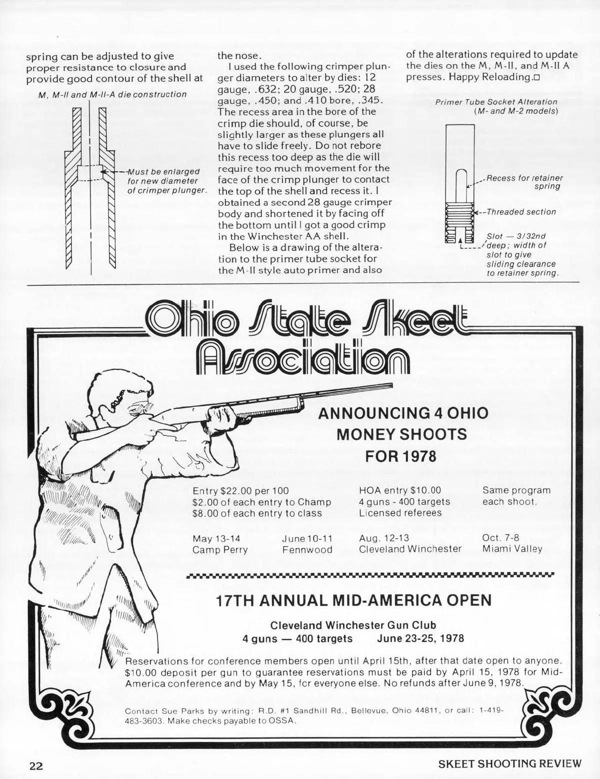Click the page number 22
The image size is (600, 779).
35,764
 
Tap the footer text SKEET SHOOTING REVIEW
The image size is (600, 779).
509,764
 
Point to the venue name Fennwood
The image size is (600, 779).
307,550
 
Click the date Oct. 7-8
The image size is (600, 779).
500,538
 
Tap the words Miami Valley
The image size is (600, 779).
512,549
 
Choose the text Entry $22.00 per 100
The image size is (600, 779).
240,491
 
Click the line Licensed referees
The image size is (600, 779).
400,513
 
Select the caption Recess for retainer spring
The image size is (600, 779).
524,182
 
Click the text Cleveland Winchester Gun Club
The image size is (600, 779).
353,625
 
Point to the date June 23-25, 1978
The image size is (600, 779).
420,638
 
